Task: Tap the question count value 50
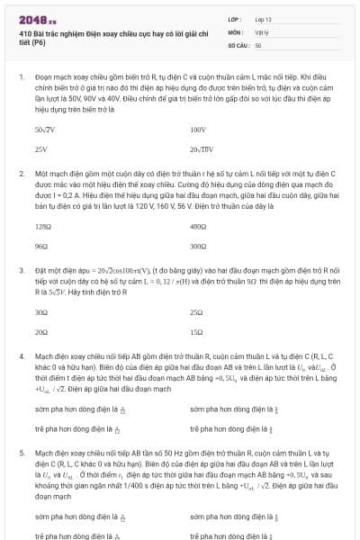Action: click(x=258, y=44)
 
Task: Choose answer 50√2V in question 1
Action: click(x=45, y=130)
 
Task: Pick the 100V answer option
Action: click(x=198, y=130)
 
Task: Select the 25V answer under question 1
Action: click(x=40, y=149)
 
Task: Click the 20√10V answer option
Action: click(x=202, y=149)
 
